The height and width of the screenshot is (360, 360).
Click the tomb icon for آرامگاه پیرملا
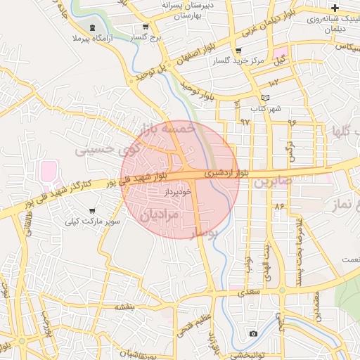(x=92, y=27)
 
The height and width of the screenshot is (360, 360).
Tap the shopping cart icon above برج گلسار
(x=145, y=27)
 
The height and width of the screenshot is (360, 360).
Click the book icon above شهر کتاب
(x=264, y=98)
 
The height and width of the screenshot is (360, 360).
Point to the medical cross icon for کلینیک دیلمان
(x=335, y=7)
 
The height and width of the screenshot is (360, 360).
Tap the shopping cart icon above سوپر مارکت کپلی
(x=92, y=211)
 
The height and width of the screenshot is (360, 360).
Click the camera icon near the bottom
(x=253, y=333)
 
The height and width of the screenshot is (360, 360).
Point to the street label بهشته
(x=124, y=307)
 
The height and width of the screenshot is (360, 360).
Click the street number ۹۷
(x=245, y=122)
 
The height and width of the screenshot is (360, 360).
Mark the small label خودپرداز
(x=169, y=191)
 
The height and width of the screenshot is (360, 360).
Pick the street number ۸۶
(x=279, y=206)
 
